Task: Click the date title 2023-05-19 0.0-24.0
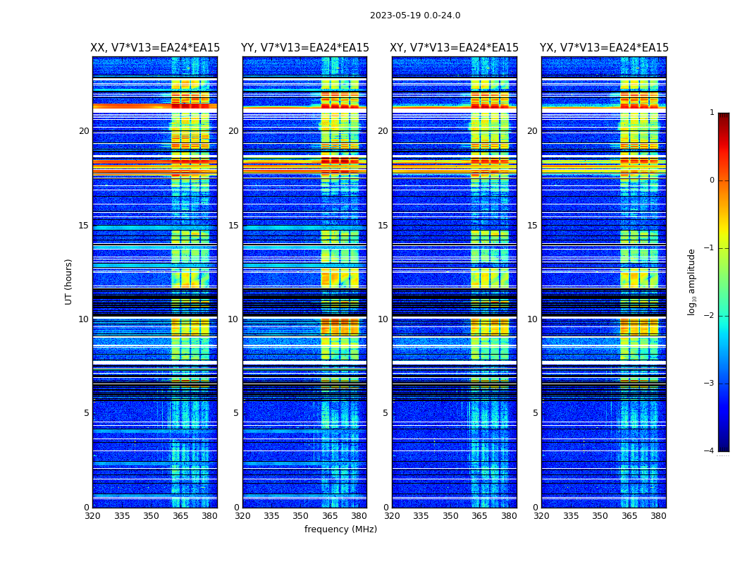pos(415,16)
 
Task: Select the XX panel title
pos(155,48)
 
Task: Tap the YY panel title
pos(304,48)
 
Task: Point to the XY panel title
pos(455,48)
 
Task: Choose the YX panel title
pos(604,48)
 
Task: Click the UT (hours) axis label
pos(69,281)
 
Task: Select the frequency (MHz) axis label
pos(340,529)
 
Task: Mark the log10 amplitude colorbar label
pos(692,281)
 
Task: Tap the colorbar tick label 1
pos(712,113)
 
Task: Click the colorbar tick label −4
pos(710,451)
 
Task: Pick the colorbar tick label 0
pos(712,180)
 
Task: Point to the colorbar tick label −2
pos(710,316)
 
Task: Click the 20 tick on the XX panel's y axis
pos(84,131)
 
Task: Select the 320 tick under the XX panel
pos(92,516)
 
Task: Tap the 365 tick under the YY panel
pos(330,516)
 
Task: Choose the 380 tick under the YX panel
pos(658,516)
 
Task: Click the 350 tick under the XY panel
pos(450,516)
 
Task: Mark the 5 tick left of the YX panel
pos(535,413)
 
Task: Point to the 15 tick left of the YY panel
pos(233,226)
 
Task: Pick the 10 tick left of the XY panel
pos(383,319)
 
